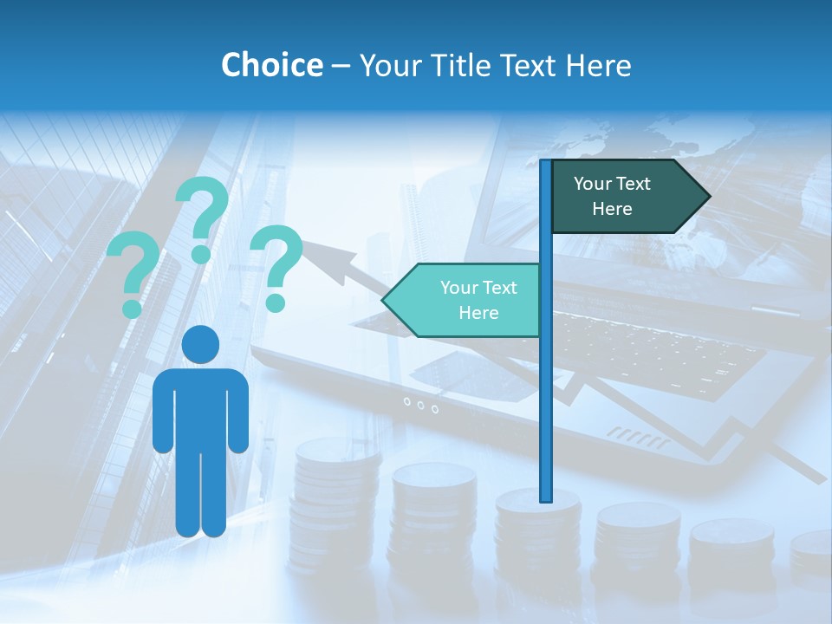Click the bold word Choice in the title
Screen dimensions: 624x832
click(271, 65)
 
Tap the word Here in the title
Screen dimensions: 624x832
click(598, 65)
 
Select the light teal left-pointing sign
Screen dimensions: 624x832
click(464, 300)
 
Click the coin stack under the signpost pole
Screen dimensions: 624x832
click(537, 537)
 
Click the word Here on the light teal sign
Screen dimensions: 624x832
click(478, 313)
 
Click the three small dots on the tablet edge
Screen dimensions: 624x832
click(420, 404)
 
